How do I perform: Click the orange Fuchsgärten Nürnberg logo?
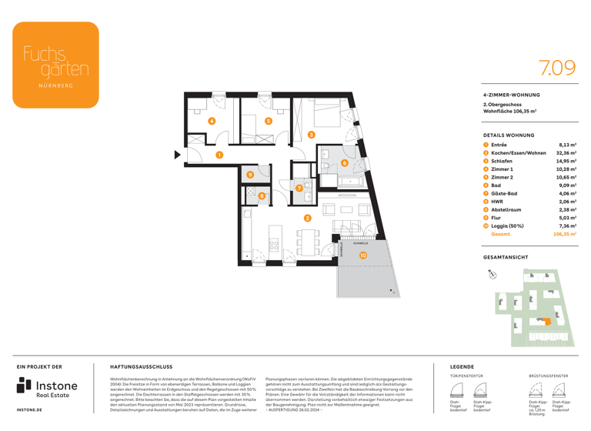[55, 65]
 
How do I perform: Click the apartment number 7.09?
[556, 68]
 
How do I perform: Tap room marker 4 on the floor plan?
[212, 122]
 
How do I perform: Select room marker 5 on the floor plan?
[269, 121]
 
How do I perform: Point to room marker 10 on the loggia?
[362, 256]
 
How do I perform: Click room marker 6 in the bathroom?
[344, 163]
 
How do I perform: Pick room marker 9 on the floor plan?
[250, 175]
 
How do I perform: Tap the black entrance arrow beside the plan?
[178, 155]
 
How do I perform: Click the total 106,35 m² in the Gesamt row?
[565, 234]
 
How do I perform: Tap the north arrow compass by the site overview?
[492, 275]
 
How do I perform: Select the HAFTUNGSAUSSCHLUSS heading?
[142, 367]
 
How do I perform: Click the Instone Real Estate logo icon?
[25, 387]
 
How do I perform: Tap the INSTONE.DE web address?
[29, 410]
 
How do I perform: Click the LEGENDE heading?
[462, 367]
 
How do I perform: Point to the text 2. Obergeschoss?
[502, 104]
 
